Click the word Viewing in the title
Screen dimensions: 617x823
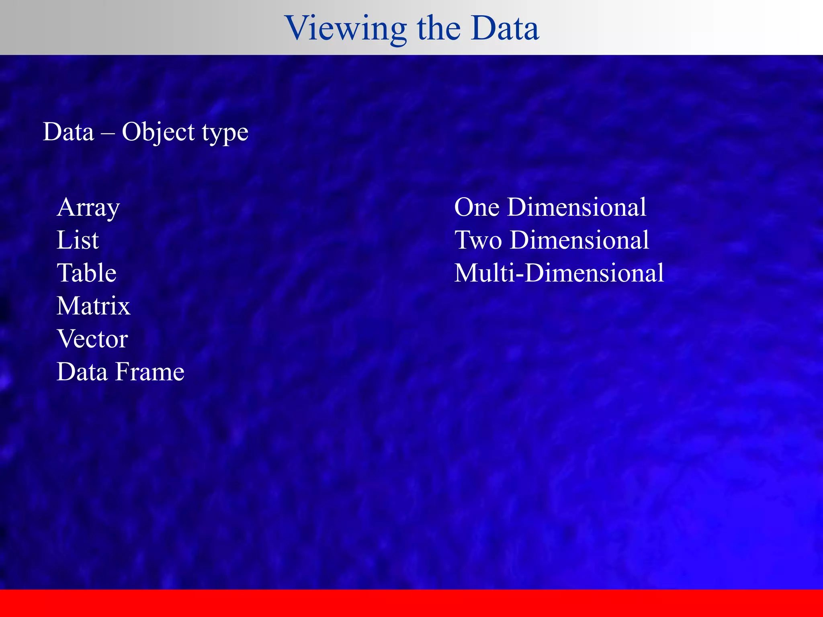[346, 29]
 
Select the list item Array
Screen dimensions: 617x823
[88, 208]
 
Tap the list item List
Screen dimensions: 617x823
[78, 240]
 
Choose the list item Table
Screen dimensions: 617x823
[86, 273]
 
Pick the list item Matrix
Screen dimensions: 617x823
[93, 306]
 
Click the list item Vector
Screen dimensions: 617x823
[92, 339]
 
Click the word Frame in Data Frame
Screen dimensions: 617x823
[149, 372]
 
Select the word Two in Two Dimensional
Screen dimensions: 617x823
[478, 241]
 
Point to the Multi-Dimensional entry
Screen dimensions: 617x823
[559, 273]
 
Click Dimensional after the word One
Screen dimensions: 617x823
[577, 208]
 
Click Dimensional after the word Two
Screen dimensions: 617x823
[579, 241]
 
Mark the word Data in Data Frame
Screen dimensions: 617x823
[82, 372]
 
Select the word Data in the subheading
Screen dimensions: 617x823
[68, 133]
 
